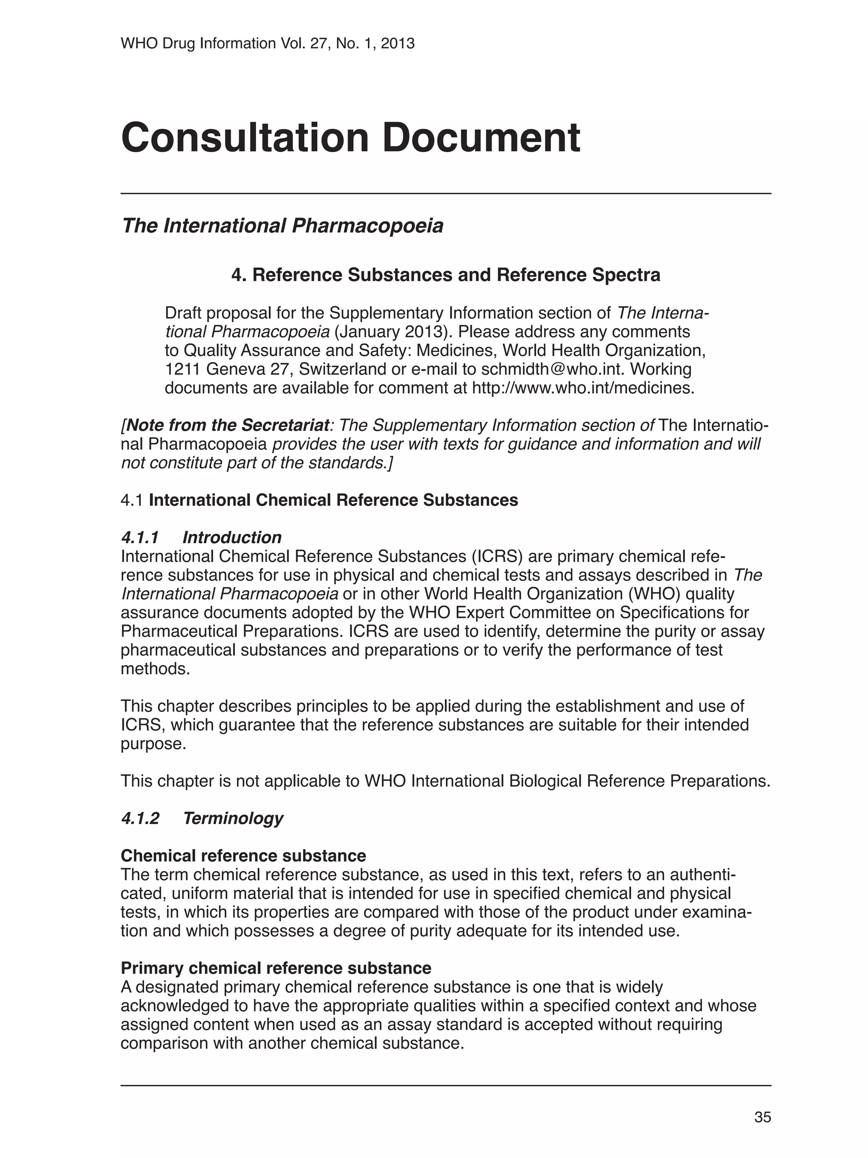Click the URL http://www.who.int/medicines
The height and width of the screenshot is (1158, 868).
pos(583,388)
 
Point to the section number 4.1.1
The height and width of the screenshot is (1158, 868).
pos(140,537)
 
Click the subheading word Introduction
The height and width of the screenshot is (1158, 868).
pos(232,537)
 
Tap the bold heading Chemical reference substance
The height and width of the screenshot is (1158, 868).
pos(243,855)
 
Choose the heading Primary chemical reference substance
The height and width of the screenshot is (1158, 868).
pos(276,968)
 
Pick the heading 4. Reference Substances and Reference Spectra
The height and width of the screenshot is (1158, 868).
pos(446,275)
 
